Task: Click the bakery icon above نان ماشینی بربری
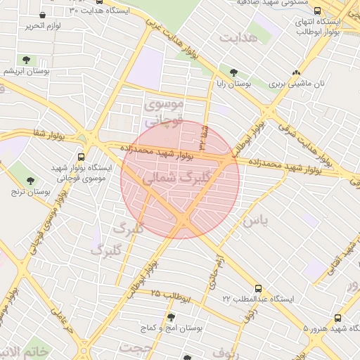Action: point(296,72)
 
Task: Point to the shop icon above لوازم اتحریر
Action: point(43,15)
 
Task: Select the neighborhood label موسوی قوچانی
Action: point(164,112)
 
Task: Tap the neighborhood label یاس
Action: point(255,221)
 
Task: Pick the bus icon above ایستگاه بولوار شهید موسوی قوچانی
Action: point(81,157)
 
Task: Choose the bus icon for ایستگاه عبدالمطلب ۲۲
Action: point(258,288)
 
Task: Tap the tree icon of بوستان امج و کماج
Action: point(171,317)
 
